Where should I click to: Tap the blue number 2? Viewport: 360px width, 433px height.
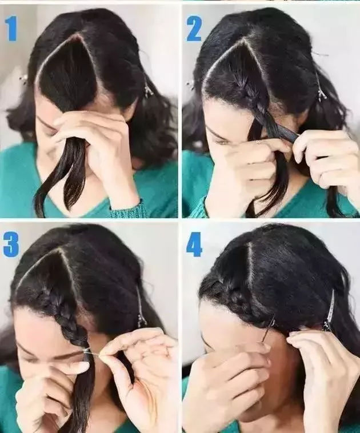(194, 29)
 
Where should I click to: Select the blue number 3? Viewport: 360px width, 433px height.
(11, 244)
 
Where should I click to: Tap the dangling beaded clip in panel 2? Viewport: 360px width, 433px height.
(321, 89)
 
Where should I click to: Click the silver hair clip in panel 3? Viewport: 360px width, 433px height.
(141, 307)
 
